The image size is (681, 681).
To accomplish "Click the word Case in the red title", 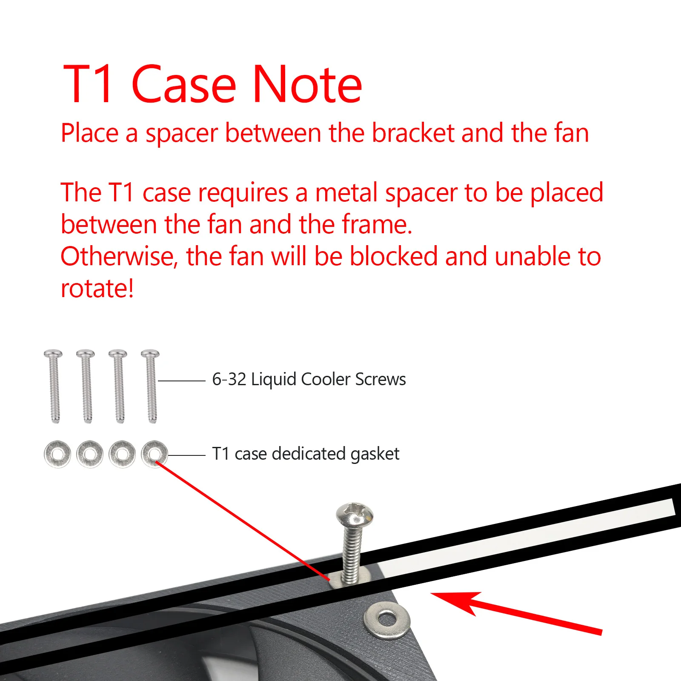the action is [184, 84].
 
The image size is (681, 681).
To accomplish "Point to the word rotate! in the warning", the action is [97, 289].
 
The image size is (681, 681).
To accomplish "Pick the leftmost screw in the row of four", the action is [53, 386].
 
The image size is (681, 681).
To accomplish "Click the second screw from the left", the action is [86, 386].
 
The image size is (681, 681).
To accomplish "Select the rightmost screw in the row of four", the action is [151, 386].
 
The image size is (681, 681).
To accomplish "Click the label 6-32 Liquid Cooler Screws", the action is [309, 379].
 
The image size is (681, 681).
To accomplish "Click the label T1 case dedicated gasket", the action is [306, 454].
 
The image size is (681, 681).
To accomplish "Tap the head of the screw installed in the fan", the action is [355, 514].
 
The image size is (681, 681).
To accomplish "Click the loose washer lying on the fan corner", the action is [387, 619].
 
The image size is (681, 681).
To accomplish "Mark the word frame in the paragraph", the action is [377, 224].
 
